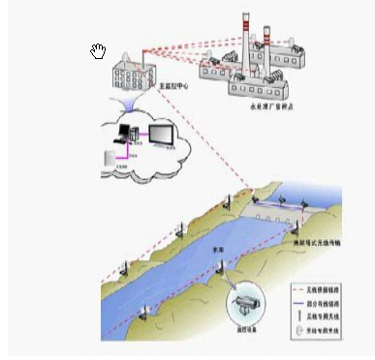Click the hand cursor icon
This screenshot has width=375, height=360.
point(98,51)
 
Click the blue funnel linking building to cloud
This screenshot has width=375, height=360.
point(136,104)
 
